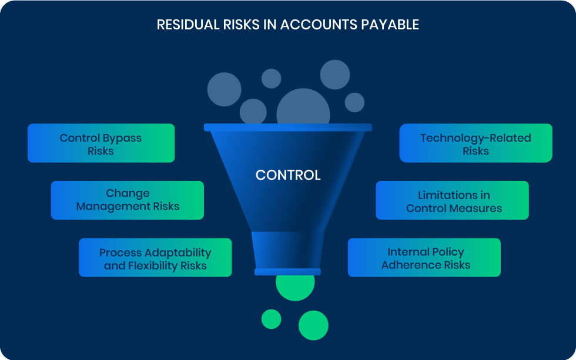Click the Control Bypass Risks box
click(101, 143)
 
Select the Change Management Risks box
click(128, 200)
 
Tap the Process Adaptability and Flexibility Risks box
click(155, 258)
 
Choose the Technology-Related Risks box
click(475, 143)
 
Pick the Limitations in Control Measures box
click(452, 200)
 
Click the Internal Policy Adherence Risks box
click(424, 258)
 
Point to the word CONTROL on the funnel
click(288, 176)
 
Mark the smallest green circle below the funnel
click(272, 319)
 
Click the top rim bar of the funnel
click(288, 127)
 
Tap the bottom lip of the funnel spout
click(287, 272)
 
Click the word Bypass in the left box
click(122, 139)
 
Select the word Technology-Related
click(475, 139)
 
